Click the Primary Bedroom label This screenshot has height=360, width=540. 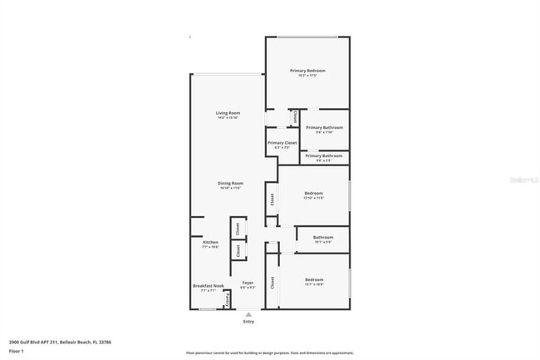coord(307,71)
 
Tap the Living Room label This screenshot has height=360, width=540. coord(228,112)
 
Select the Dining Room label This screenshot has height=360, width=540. coord(230,183)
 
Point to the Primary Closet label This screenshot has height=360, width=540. coord(282,143)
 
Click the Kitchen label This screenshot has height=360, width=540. coord(210,242)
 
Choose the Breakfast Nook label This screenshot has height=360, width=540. coord(208,286)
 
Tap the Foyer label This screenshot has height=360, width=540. coord(248,283)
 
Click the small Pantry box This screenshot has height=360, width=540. coord(229,298)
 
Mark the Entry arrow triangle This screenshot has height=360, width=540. coord(248,313)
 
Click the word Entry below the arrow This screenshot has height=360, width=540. coord(248,321)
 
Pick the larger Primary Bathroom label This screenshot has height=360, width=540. coord(324,127)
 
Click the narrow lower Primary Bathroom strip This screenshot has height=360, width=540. coord(324,156)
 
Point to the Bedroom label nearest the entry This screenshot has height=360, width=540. coord(314,279)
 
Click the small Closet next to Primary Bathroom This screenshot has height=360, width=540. coord(294,118)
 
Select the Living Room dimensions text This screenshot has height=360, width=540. coord(228,118)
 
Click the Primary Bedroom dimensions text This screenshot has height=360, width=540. coord(307,76)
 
